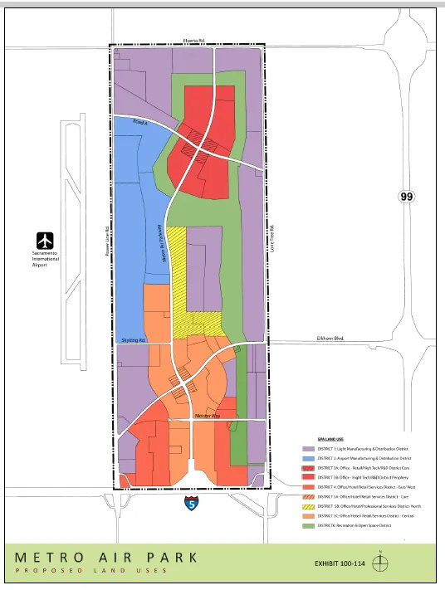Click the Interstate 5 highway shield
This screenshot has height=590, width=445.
193,502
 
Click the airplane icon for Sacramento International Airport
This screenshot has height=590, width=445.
46,239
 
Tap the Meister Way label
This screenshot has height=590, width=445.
205,414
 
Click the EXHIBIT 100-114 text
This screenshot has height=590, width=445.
338,563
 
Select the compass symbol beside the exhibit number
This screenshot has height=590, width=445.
379,562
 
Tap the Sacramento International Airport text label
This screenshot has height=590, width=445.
46,259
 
